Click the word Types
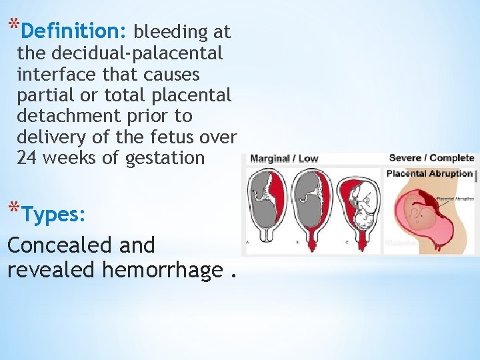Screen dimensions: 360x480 54,215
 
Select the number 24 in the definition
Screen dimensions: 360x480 27,158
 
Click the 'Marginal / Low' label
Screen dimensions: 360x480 284,159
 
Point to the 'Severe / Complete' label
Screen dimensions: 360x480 431,158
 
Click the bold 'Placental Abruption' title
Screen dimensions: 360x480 429,174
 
